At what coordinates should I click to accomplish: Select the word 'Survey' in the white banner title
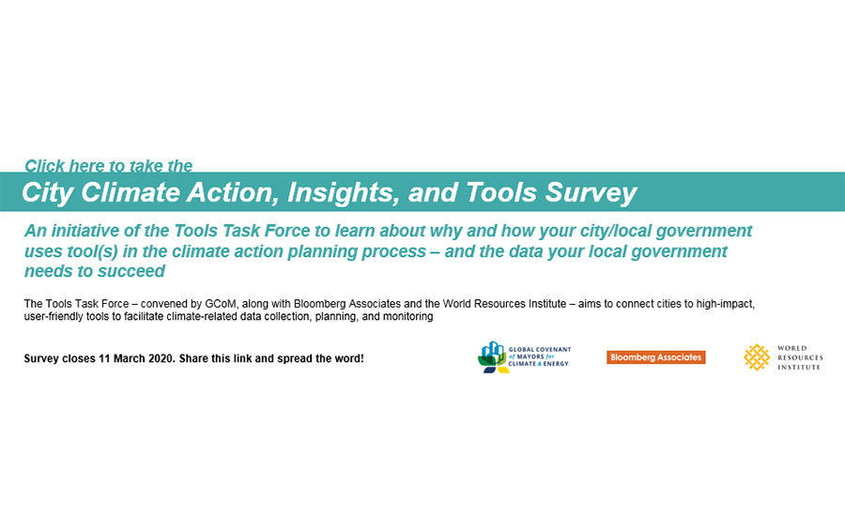(586, 193)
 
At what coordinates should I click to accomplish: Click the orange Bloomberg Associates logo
(655, 357)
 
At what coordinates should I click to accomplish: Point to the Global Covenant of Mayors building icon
(492, 356)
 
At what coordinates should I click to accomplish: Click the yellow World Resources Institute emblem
(757, 357)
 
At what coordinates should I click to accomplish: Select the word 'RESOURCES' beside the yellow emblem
(799, 357)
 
